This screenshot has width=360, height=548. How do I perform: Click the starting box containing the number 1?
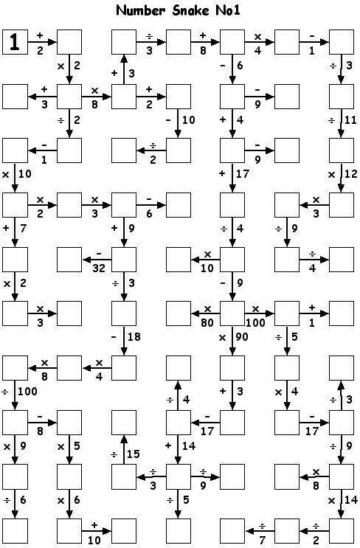click(15, 42)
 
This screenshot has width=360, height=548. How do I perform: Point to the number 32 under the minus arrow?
click(99, 268)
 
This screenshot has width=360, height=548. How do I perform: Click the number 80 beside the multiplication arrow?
click(207, 322)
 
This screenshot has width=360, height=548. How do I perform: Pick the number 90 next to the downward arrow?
click(241, 337)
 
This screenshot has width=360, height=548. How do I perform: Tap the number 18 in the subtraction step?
click(134, 337)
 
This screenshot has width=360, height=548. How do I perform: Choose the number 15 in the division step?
click(134, 454)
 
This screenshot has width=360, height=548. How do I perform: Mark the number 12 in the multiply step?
click(350, 174)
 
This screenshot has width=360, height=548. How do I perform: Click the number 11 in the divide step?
click(350, 120)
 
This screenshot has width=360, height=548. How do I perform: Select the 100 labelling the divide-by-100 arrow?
click(27, 391)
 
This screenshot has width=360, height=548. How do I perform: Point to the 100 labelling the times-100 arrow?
click(255, 322)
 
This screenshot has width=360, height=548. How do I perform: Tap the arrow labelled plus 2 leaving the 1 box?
click(42, 42)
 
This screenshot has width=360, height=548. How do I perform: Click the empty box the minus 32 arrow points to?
click(69, 260)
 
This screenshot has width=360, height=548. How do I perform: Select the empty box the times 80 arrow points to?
click(179, 313)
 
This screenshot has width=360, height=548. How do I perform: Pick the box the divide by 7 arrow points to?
click(233, 531)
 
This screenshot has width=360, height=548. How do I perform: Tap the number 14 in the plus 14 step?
click(189, 446)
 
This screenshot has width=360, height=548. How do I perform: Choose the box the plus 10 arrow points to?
click(124, 531)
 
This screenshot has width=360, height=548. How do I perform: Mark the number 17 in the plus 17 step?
click(243, 174)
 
